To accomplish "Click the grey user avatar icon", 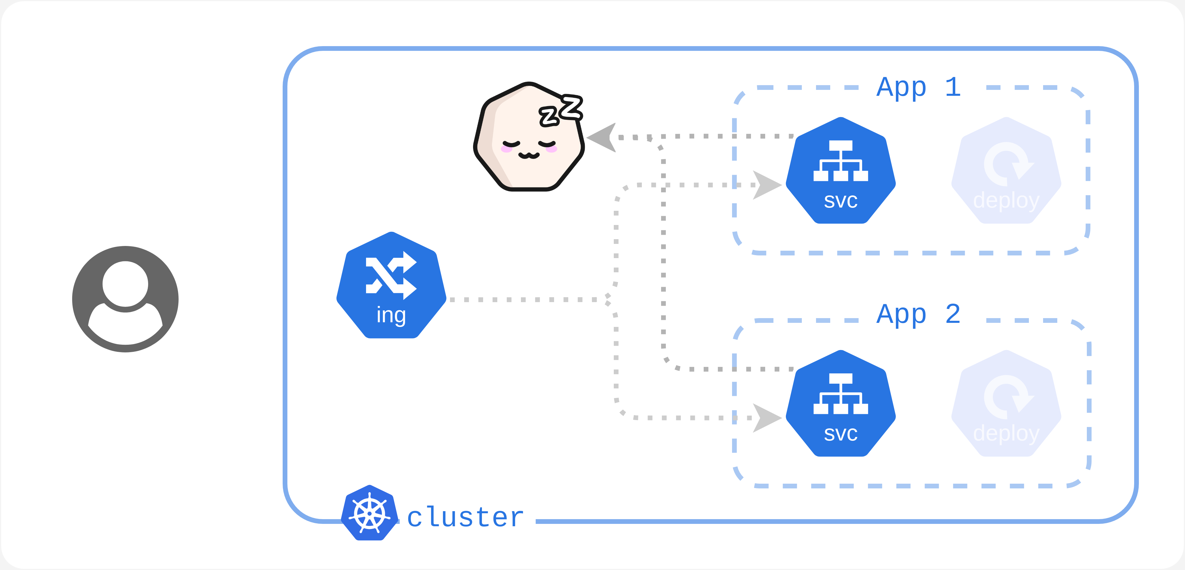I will [x=125, y=299].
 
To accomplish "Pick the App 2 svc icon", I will [x=841, y=404].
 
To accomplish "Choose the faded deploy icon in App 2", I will [x=1006, y=404].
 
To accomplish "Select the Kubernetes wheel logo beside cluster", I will [x=369, y=513].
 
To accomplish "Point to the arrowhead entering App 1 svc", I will [x=766, y=185].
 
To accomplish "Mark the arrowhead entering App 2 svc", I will [x=766, y=418].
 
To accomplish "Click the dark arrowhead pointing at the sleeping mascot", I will [x=603, y=137].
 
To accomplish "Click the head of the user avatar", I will [x=125, y=284].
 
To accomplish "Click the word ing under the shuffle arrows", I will [x=391, y=315].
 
